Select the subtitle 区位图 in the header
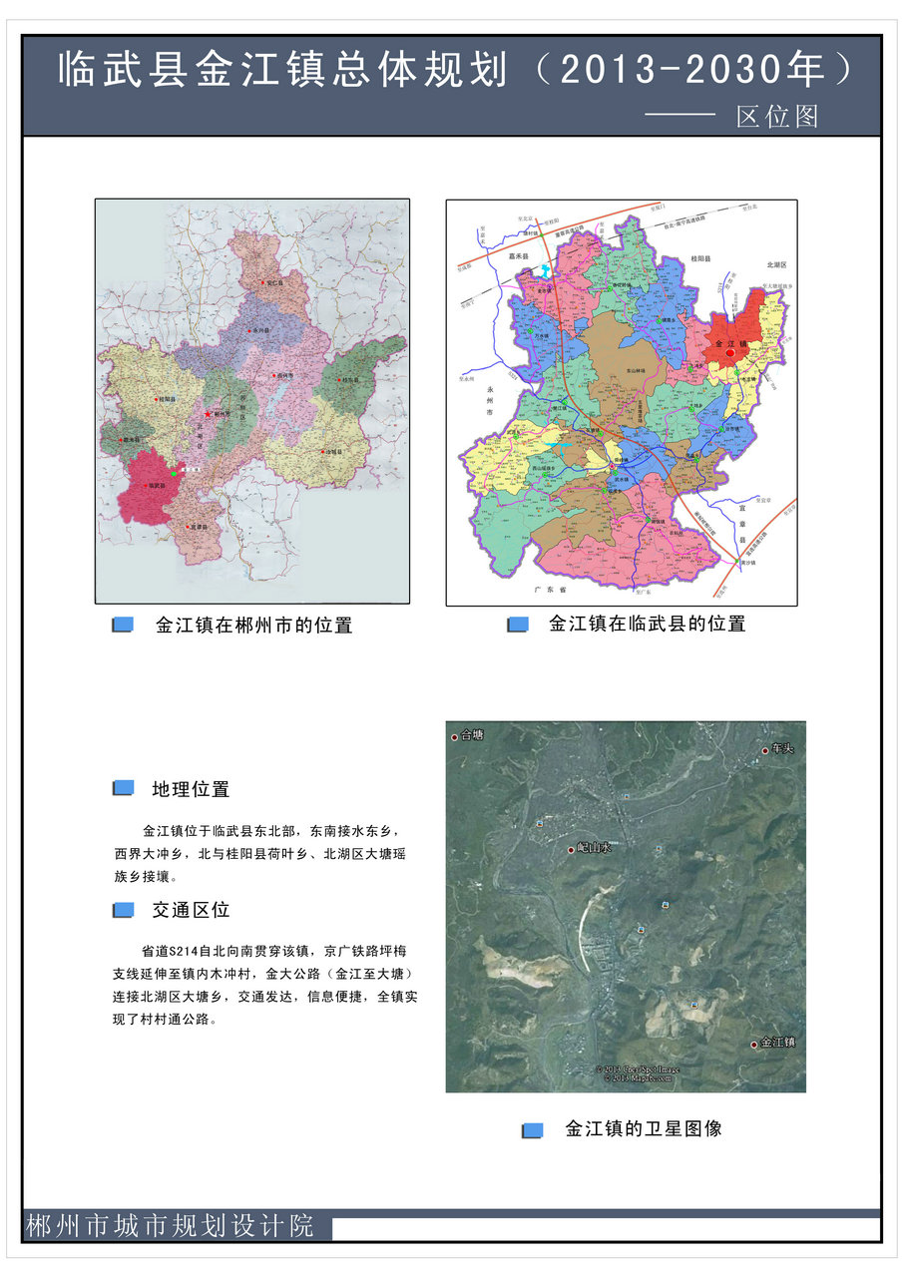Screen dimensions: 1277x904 [777, 117]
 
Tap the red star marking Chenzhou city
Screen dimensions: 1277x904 [208, 413]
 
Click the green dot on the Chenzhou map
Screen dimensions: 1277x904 [175, 473]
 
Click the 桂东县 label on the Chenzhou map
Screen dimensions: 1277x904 [350, 380]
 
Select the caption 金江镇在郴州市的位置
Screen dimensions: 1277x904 [253, 626]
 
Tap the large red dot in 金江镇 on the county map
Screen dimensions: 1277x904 [730, 352]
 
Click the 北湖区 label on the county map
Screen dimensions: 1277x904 [777, 264]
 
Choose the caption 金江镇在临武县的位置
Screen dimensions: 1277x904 [647, 624]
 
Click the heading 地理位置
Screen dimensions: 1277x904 [191, 789]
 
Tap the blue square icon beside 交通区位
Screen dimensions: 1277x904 [123, 910]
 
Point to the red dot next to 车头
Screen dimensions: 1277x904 [765, 750]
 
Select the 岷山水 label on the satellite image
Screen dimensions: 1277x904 [593, 848]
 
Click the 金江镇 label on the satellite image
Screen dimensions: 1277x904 [777, 1043]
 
